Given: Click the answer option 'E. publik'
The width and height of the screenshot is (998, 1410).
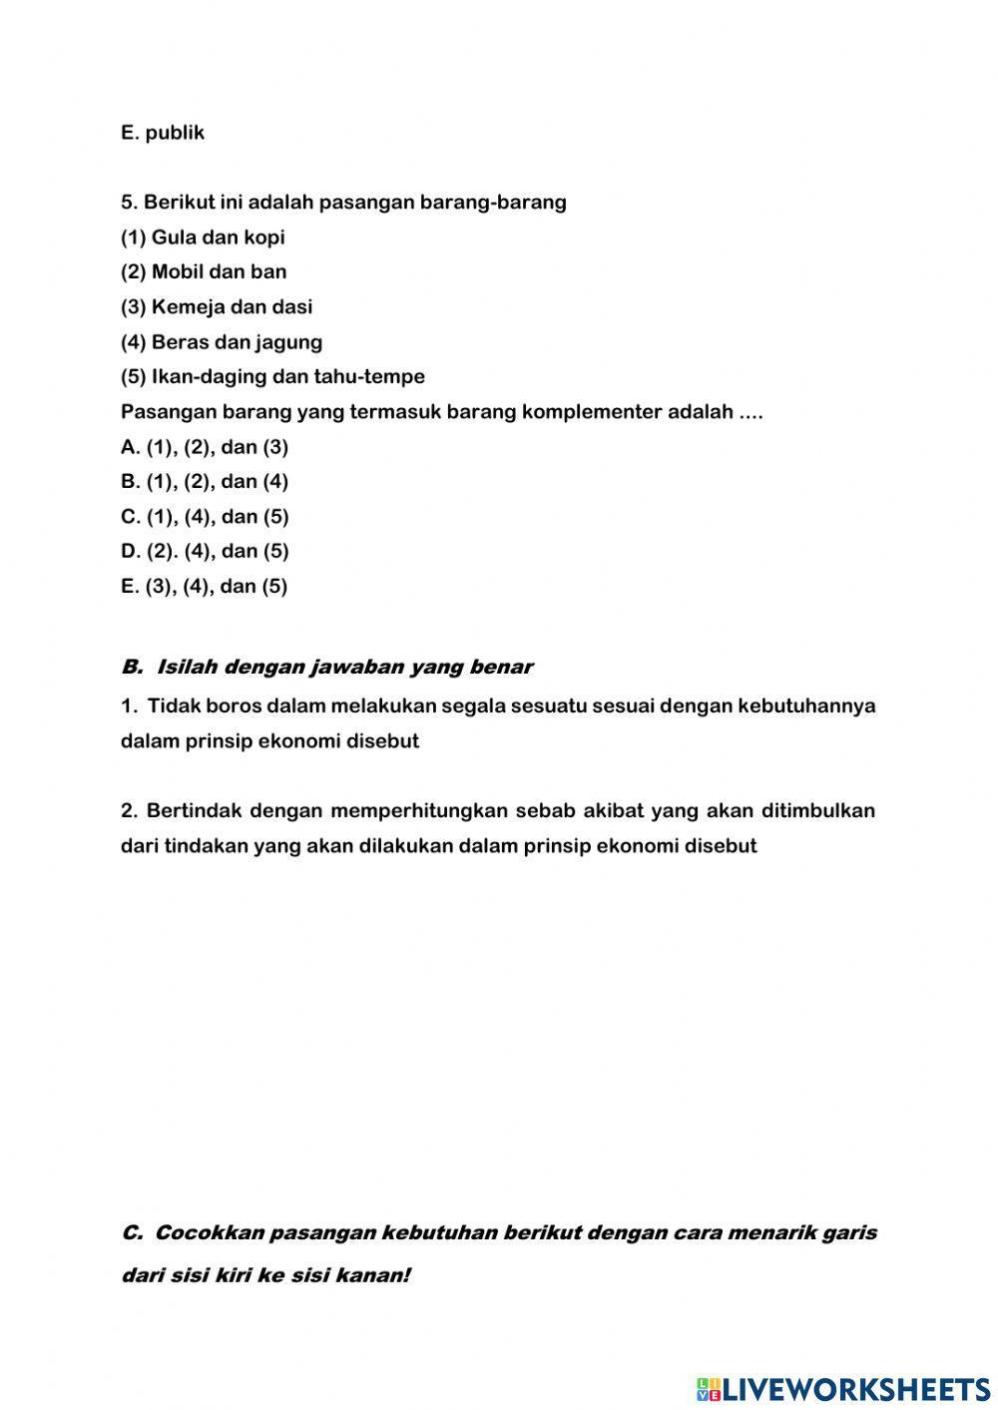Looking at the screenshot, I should click(163, 133).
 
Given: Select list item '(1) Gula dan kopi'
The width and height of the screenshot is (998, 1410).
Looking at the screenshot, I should click(203, 237).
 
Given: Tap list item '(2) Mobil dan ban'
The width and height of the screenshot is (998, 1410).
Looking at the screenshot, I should click(204, 272).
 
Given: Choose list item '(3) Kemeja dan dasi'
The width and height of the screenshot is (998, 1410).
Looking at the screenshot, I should click(217, 307).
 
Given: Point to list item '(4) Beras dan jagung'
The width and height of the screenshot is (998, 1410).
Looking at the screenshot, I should click(222, 342).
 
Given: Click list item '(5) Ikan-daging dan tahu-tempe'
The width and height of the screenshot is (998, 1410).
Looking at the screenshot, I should click(272, 377).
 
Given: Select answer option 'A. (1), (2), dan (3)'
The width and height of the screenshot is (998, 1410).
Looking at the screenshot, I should click(205, 447).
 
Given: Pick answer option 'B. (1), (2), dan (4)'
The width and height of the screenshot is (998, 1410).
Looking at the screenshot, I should click(205, 482).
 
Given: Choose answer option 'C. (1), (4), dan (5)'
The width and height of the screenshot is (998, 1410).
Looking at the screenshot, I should click(205, 517).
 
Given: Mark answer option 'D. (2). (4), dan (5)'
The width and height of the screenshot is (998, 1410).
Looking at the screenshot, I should click(205, 551).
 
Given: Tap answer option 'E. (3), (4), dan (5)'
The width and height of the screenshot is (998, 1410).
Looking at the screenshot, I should click(205, 587).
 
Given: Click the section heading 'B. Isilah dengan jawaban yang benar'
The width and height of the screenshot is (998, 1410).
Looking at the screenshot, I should click(326, 667).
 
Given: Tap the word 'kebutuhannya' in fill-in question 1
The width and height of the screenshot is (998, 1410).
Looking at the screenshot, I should click(806, 706).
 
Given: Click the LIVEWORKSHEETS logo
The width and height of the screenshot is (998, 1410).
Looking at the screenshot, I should click(843, 1388).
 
